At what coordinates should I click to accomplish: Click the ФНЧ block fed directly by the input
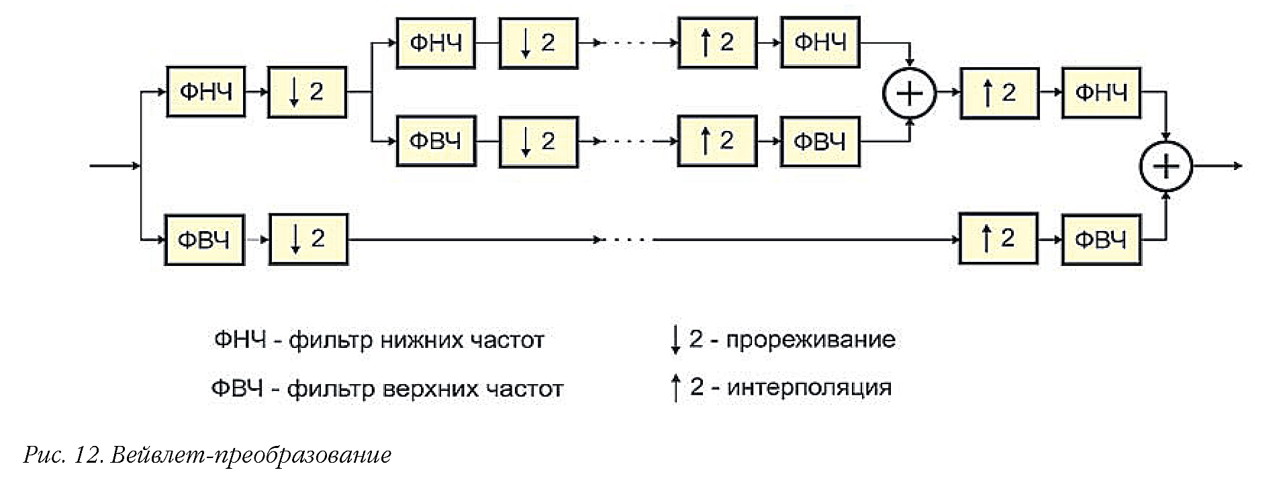205,92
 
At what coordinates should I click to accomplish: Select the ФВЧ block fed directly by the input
204,240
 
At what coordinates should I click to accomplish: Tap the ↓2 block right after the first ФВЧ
308,239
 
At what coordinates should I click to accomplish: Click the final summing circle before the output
1166,167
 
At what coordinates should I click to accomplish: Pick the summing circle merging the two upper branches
909,93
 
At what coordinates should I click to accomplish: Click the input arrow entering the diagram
114,166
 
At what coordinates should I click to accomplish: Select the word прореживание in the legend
810,340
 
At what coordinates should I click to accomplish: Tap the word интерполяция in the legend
809,388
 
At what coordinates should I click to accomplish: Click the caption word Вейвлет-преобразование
250,455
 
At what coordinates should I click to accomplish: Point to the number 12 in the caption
88,455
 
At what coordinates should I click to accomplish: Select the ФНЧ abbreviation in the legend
240,340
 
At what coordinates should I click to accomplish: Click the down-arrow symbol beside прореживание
675,341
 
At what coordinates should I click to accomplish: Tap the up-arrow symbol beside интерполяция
675,388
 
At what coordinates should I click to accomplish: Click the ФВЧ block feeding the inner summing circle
820,142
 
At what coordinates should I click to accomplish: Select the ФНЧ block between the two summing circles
1101,93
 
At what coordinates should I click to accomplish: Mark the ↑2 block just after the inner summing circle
999,93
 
